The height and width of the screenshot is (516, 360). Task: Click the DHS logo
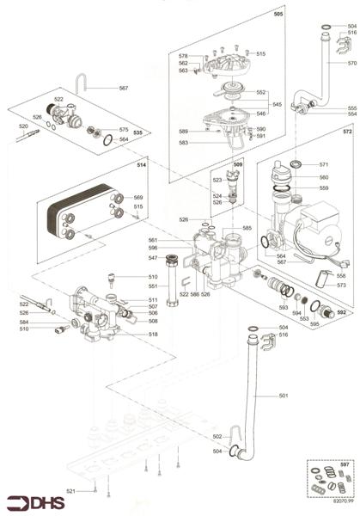31,502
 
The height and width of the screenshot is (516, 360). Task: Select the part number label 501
284,396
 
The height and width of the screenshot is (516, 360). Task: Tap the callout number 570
351,63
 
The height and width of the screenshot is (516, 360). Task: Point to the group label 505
278,15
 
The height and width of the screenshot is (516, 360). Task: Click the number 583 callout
183,143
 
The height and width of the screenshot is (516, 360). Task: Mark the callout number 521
72,491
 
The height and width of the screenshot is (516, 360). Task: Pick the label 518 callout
153,335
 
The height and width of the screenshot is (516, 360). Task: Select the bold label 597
345,465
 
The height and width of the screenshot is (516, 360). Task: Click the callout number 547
153,258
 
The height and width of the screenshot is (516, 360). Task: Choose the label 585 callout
247,228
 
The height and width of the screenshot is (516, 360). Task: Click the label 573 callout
341,285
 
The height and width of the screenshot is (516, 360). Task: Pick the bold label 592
341,313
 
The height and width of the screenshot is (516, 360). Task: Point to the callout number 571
324,163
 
